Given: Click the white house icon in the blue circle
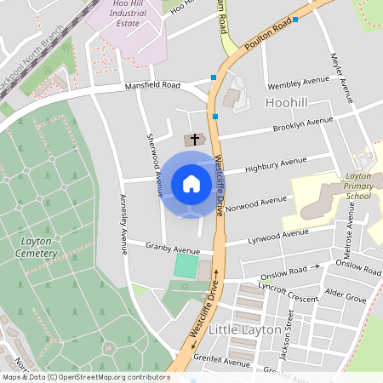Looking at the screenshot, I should click(191, 183).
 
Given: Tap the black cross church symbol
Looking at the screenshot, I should click(194, 139).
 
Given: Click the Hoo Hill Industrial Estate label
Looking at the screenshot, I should click(134, 15).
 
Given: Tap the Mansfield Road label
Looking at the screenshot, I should click(153, 86).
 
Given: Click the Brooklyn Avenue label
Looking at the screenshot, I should click(302, 125).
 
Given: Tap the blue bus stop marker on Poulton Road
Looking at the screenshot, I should click(295, 19).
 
